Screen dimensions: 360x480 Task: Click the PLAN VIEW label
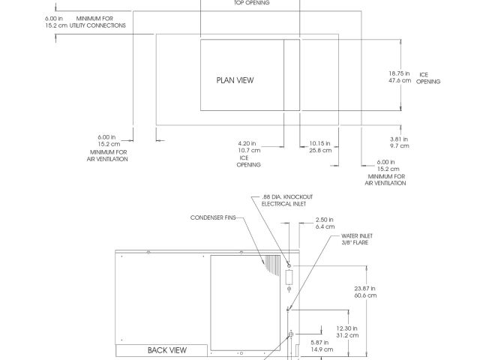coord(235,79)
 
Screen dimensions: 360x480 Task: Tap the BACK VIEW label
coord(166,350)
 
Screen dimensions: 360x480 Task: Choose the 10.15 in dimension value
coord(320,143)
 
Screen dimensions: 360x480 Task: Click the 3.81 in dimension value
coord(399,139)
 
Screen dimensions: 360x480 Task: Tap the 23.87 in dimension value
coord(366,288)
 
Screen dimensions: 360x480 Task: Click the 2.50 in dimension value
coord(325,220)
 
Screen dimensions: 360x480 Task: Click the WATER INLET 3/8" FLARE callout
coord(356,238)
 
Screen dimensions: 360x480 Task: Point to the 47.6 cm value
coord(400,80)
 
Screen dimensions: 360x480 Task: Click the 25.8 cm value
coord(320,151)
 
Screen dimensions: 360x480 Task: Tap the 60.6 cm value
coord(366,295)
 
